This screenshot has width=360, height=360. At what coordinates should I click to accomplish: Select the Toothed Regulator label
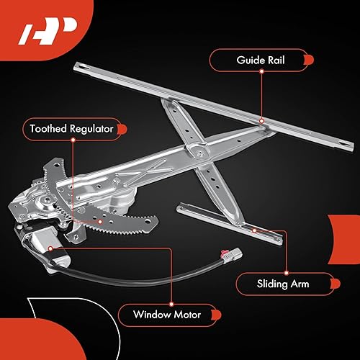70,130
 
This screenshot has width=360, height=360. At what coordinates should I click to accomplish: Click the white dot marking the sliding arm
254,230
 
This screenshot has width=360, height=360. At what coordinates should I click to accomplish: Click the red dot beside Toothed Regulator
122,130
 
